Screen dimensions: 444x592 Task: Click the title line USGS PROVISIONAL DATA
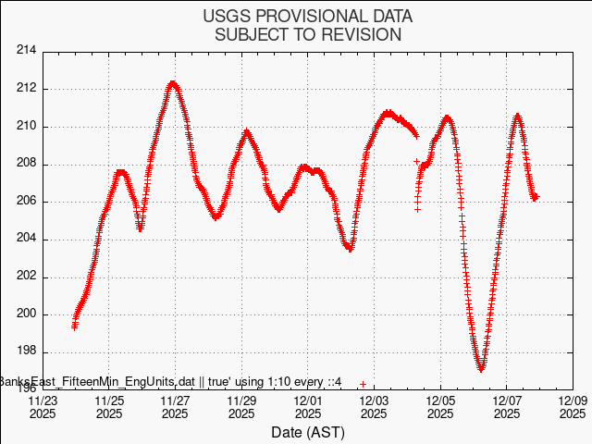[x=308, y=17]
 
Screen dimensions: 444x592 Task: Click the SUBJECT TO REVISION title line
[x=308, y=35]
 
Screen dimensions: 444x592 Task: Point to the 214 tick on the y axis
[x=26, y=51]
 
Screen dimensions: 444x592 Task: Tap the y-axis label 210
[x=26, y=126]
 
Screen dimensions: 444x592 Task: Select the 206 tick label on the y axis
[x=26, y=201]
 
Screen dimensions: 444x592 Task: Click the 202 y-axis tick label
[x=26, y=276]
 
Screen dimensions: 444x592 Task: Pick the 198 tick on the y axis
[x=26, y=351]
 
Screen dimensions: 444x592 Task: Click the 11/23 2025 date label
[x=43, y=408]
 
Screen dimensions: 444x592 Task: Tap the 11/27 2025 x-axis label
[x=176, y=408]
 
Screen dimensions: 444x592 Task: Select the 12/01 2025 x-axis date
[x=308, y=408]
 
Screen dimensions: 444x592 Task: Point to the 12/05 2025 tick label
[x=439, y=408]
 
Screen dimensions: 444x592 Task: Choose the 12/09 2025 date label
[x=572, y=408]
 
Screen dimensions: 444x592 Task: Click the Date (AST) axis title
[x=308, y=432]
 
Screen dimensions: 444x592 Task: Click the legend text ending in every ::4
[x=171, y=382]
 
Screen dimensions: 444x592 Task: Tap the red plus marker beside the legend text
[x=364, y=383]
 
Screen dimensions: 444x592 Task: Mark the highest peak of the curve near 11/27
[x=173, y=83]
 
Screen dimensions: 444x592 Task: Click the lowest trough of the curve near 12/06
[x=481, y=369]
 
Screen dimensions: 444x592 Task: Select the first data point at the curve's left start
[x=74, y=326]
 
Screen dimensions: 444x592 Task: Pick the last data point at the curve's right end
[x=536, y=196]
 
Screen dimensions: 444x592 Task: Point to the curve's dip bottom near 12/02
[x=350, y=249]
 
